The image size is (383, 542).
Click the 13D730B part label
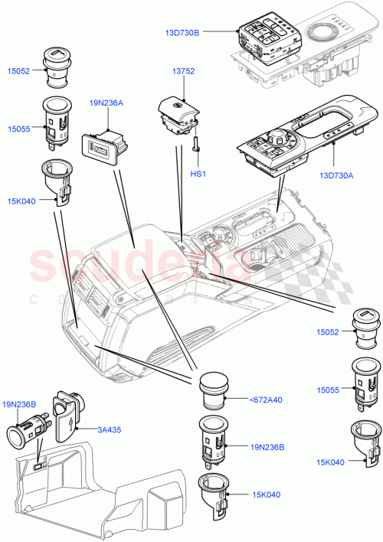(x=182, y=33)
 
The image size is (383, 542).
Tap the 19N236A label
(x=106, y=102)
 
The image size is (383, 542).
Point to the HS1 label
(x=198, y=174)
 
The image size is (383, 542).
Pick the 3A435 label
(x=109, y=430)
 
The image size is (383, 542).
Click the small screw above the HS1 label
(x=197, y=144)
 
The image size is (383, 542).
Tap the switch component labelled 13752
(x=178, y=114)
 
